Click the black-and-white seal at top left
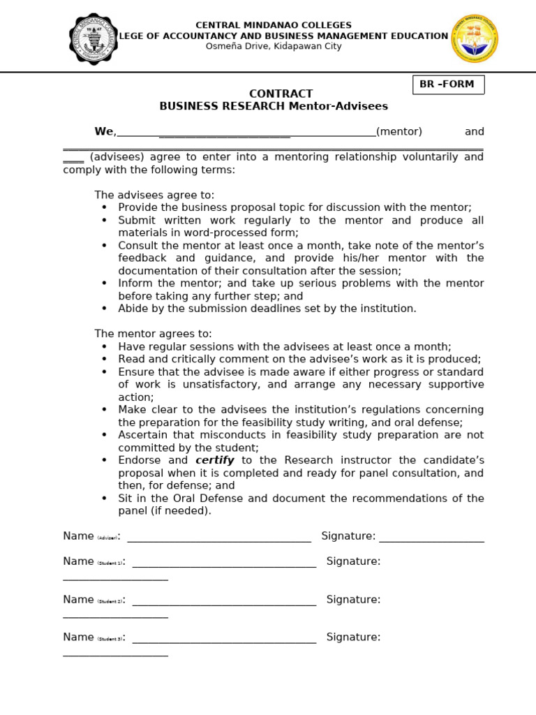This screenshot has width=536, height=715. click(x=94, y=38)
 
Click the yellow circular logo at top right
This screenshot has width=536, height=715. click(x=475, y=38)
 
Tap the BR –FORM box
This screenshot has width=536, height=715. click(x=447, y=84)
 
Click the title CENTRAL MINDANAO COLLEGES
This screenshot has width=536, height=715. click(x=274, y=25)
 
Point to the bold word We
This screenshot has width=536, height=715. click(x=104, y=132)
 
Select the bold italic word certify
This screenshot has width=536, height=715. click(x=214, y=461)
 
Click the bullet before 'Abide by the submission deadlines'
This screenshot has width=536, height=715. click(x=105, y=309)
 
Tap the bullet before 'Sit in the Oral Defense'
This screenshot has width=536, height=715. click(x=105, y=499)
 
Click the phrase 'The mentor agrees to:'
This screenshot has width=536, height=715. click(x=154, y=334)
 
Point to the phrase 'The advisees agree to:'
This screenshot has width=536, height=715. click(x=155, y=195)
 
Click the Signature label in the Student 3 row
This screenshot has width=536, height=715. click(x=353, y=637)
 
